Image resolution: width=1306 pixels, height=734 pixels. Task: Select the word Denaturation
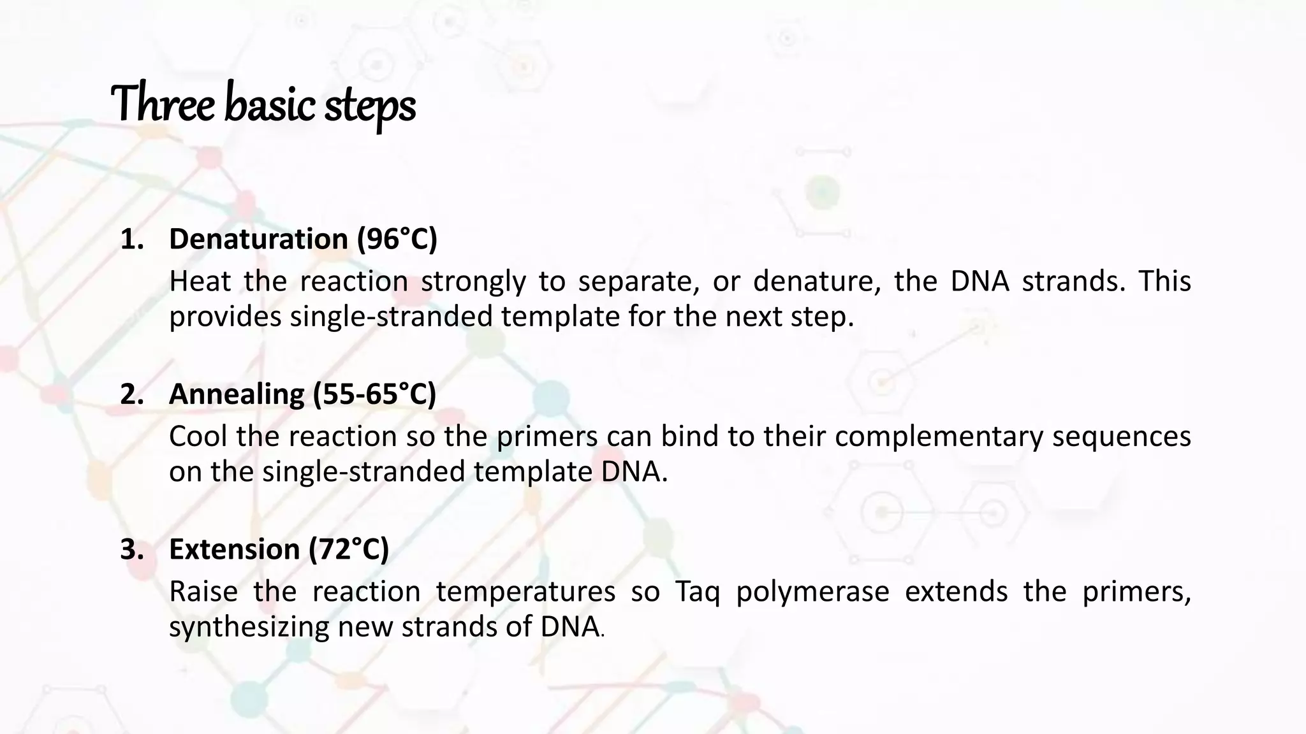[x=258, y=240]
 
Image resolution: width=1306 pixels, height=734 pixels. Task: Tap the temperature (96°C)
[x=397, y=240]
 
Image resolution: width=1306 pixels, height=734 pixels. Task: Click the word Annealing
[x=237, y=394]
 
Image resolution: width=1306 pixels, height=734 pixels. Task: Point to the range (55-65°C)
[x=374, y=394]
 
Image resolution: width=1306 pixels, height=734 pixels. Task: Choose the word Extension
[x=234, y=549]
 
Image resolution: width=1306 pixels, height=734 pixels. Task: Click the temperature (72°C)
[x=349, y=549]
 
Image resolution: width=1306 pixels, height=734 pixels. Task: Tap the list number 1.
[x=131, y=240]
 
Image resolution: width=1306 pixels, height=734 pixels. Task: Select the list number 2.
[x=131, y=394]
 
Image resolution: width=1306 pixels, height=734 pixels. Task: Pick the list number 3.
[x=131, y=549]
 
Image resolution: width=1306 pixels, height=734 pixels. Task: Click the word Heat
[x=199, y=281]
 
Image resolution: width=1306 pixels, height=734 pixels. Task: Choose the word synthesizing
[x=249, y=627]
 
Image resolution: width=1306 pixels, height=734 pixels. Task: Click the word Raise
[x=203, y=592]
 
